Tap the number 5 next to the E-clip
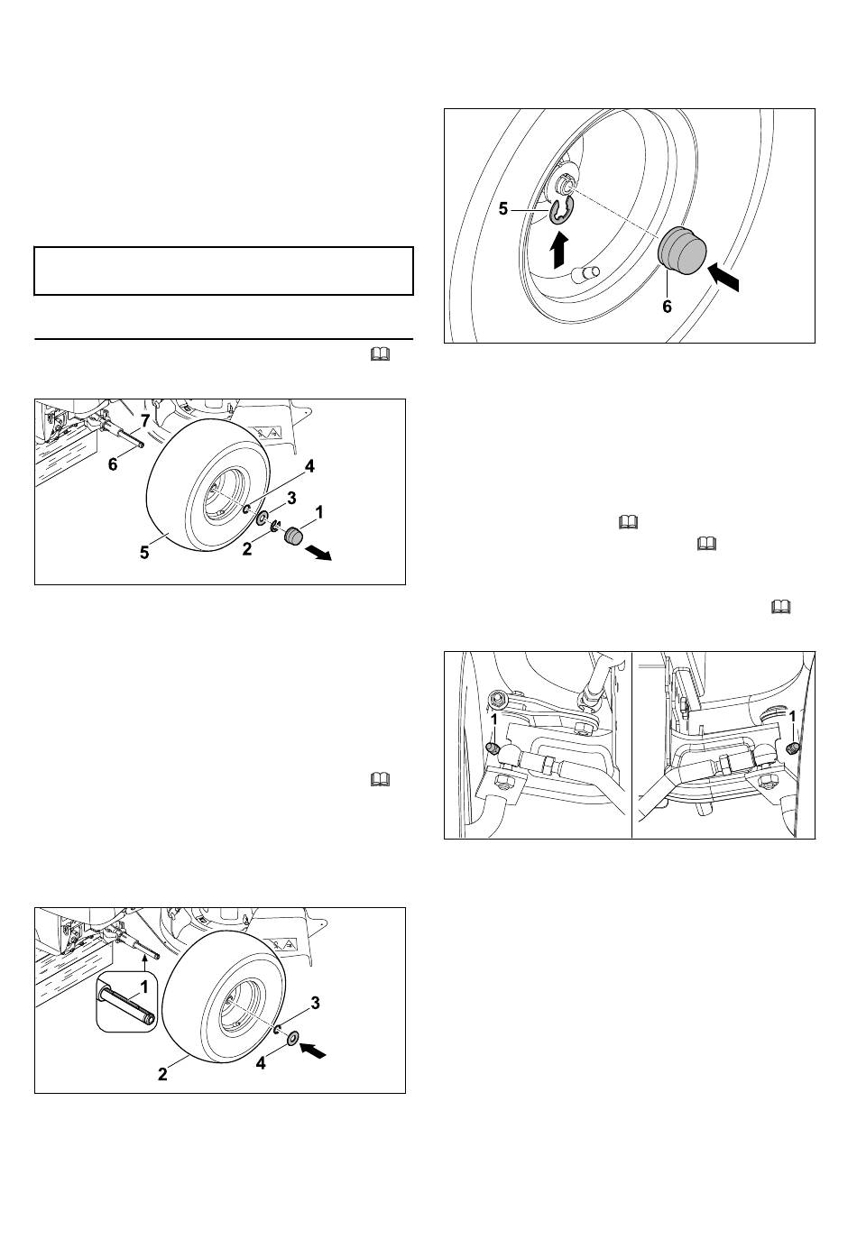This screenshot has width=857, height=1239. [502, 209]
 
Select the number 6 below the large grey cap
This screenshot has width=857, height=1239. [668, 306]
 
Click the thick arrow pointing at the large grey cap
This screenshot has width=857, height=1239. [723, 275]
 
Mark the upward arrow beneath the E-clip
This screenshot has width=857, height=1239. [561, 249]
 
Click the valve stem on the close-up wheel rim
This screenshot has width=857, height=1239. [586, 272]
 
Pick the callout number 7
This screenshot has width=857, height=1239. [145, 422]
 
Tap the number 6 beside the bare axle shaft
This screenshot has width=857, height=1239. [113, 464]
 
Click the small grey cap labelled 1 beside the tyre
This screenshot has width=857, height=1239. [293, 536]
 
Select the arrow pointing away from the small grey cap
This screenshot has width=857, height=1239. [318, 553]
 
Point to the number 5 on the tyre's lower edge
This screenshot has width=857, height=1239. [144, 553]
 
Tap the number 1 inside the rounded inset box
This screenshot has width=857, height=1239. [143, 986]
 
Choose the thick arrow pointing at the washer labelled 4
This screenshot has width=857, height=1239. [313, 1050]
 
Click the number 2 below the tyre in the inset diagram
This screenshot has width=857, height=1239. [162, 1074]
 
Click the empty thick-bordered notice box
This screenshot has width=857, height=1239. [224, 271]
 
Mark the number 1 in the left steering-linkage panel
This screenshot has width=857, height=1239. [494, 720]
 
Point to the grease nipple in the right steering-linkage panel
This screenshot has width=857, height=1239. [792, 748]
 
